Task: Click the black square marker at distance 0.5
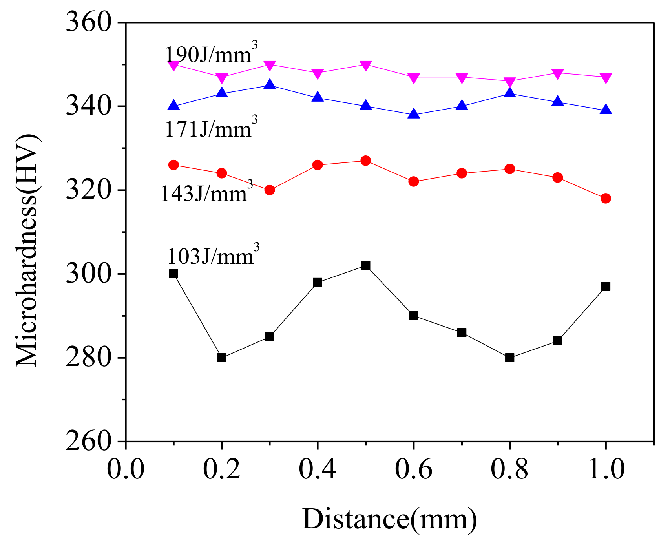click(365, 265)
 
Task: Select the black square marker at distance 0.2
click(222, 358)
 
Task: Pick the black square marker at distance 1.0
click(606, 287)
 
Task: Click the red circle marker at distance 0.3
click(270, 190)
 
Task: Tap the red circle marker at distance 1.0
click(606, 198)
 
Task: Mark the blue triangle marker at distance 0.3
click(270, 84)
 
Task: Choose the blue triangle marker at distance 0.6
click(413, 114)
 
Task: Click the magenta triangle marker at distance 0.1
click(173, 65)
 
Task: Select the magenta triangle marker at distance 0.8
click(509, 82)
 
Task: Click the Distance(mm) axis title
click(389, 519)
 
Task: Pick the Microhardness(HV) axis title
click(27, 251)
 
